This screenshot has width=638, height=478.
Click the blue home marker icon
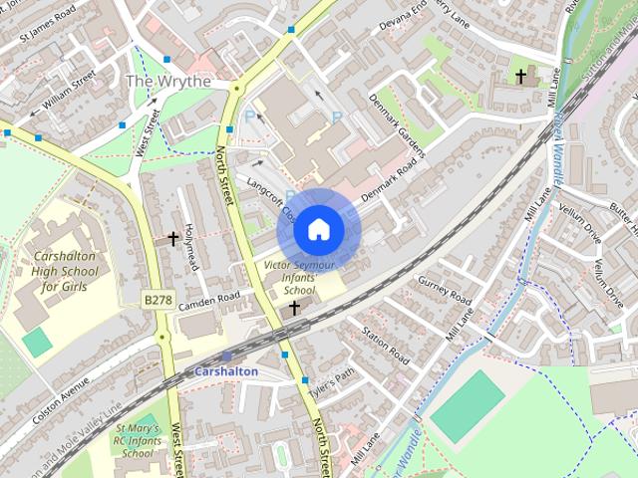[318, 229]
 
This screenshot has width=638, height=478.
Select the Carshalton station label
[226, 371]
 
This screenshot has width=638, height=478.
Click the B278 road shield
[158, 299]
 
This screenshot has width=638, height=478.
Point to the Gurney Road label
[445, 290]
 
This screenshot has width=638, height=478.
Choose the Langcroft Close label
[273, 198]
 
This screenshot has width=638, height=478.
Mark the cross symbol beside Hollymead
[173, 239]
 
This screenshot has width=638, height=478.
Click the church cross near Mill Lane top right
[520, 76]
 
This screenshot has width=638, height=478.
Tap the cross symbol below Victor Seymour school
[294, 310]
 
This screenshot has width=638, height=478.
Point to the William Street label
[70, 87]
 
